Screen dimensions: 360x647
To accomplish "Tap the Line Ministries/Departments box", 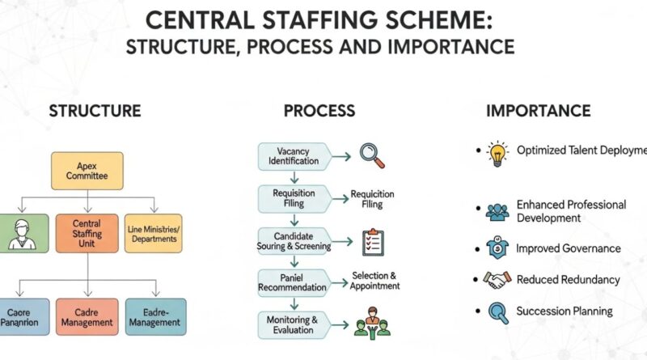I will pos(154,232).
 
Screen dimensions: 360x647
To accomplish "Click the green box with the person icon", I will pos(18,232).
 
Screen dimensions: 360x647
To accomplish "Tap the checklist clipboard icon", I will pos(372,240).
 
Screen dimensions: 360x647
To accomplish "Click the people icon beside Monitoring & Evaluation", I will pos(371,322).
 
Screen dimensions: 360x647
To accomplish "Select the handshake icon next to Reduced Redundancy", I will pos(496,280).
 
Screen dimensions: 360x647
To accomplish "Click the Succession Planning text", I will pos(564,311).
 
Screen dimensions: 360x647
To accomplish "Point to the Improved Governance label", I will pos(569,248).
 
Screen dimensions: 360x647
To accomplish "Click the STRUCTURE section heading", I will pos(95,112).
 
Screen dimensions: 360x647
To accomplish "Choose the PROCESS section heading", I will pos(319,112).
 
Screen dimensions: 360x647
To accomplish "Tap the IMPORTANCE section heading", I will pos(538,112).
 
